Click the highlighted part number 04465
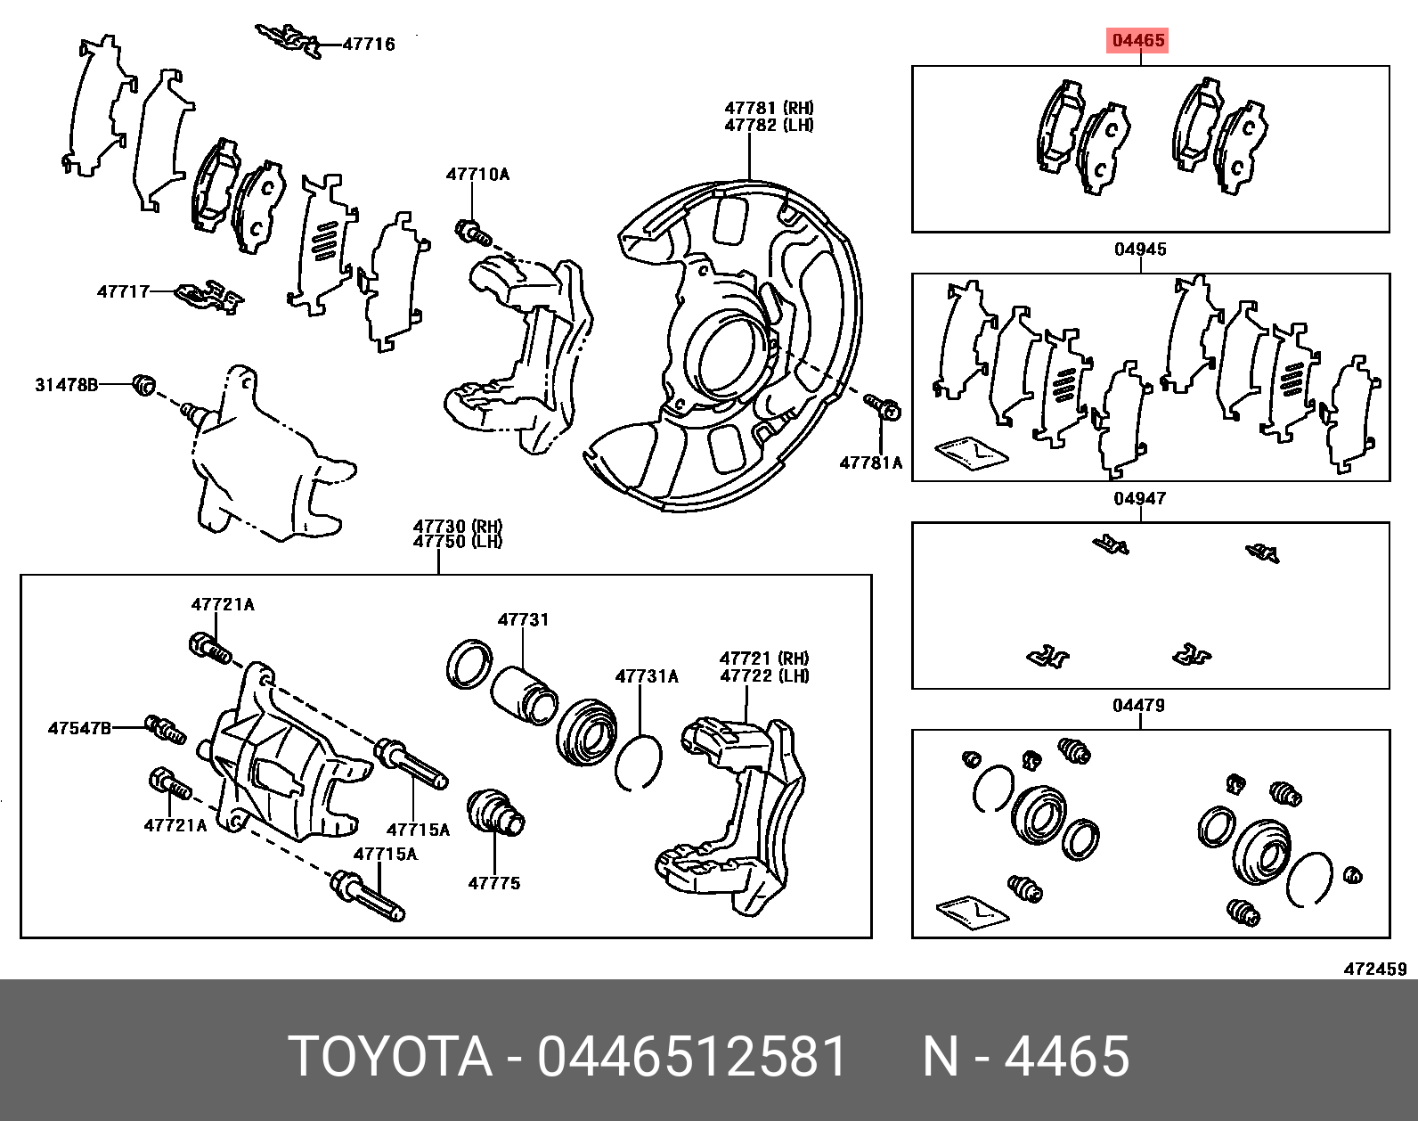[x=1138, y=40]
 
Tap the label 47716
[x=369, y=45]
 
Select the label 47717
[x=123, y=291]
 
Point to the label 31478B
[x=67, y=384]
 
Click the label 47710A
[x=477, y=174]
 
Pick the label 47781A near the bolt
[x=870, y=462]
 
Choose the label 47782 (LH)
[x=769, y=125]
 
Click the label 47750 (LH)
[x=458, y=542]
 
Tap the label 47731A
[x=647, y=676]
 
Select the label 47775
[x=494, y=883]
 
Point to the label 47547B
[x=80, y=729]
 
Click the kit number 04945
[x=1141, y=250]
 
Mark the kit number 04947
[x=1140, y=498]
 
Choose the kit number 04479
[x=1139, y=706]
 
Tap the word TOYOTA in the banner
[x=391, y=1057]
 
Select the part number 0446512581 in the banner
[x=691, y=1057]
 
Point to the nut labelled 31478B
[x=143, y=384]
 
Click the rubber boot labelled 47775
[x=495, y=812]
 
